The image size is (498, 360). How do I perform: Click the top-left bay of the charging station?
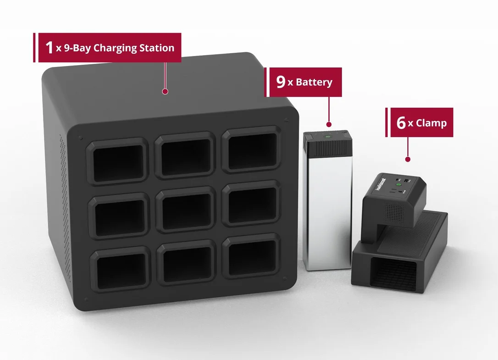(117, 161)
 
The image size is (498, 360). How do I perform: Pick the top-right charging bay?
(252, 150)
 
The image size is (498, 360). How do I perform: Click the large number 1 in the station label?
(49, 48)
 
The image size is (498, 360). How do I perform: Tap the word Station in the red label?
(157, 48)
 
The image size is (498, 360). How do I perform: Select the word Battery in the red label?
(314, 82)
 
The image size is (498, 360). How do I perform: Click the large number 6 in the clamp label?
(401, 122)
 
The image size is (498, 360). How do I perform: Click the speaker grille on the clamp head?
(394, 213)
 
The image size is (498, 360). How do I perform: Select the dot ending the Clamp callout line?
(408, 159)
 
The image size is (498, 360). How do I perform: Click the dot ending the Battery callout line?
(329, 125)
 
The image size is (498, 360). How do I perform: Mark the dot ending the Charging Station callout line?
(165, 92)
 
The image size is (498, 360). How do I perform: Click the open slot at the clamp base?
(393, 274)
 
